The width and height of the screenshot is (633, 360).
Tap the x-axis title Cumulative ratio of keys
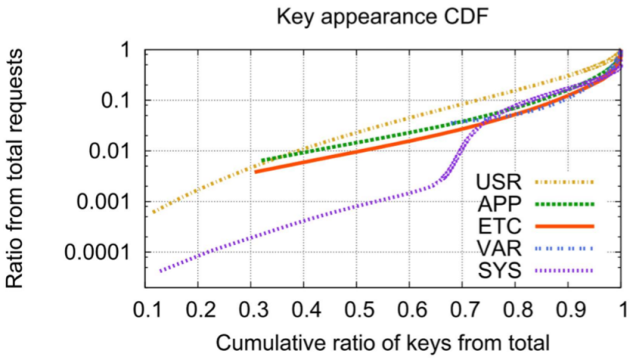click(382, 341)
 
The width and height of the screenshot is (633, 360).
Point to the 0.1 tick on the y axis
click(117, 101)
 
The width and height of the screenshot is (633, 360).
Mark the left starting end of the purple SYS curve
click(161, 271)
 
